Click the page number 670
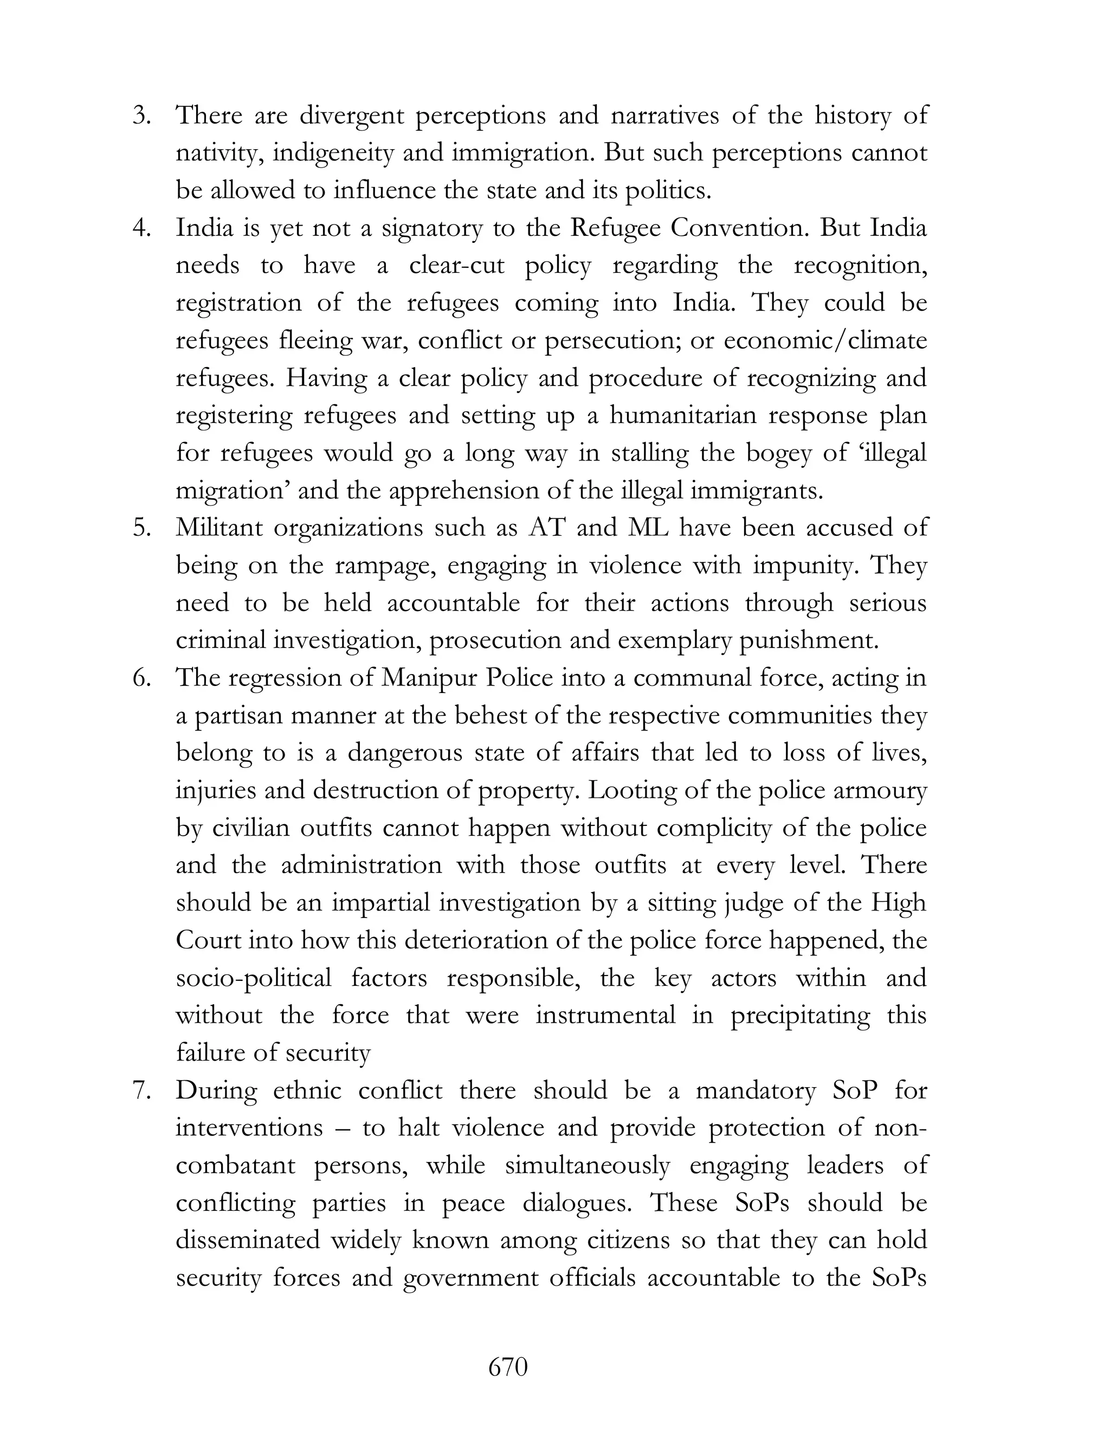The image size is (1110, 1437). click(x=508, y=1367)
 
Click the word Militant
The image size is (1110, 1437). click(x=218, y=528)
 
